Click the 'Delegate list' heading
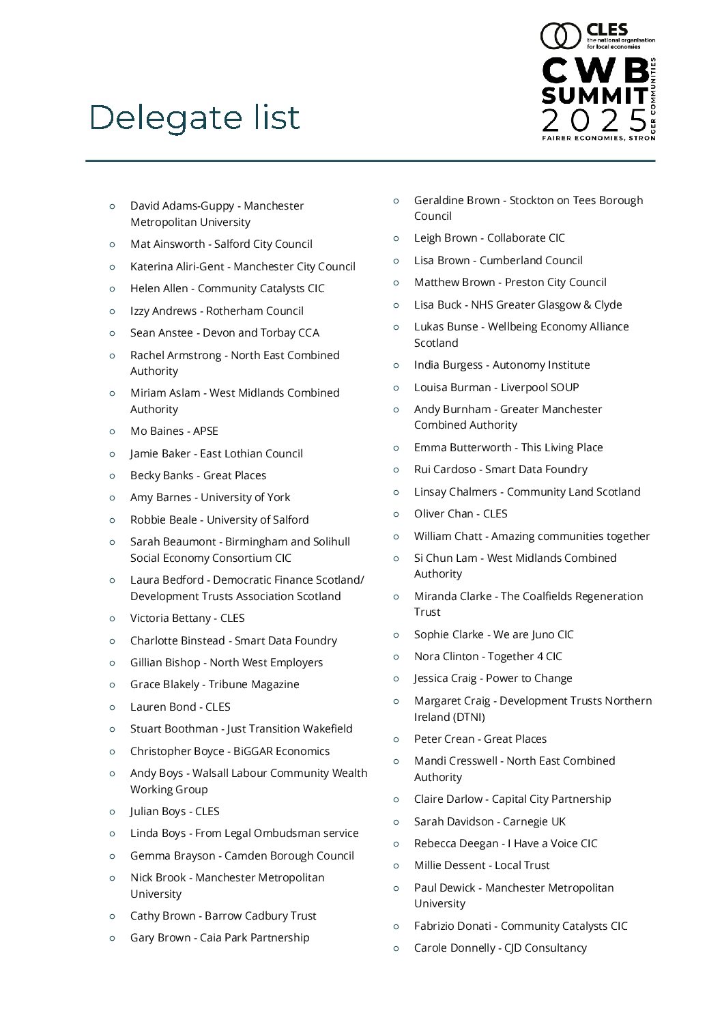tap(194, 117)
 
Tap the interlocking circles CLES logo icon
tap(560, 36)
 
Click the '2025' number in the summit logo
tap(594, 120)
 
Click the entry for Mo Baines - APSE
tap(174, 431)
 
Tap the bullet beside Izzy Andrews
tap(112, 311)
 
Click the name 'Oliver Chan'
tap(443, 513)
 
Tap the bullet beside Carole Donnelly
tap(396, 948)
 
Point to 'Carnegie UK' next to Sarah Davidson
tap(534, 821)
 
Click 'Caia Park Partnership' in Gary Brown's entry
tap(255, 937)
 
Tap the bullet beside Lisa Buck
tap(396, 304)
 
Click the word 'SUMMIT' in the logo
tap(594, 94)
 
